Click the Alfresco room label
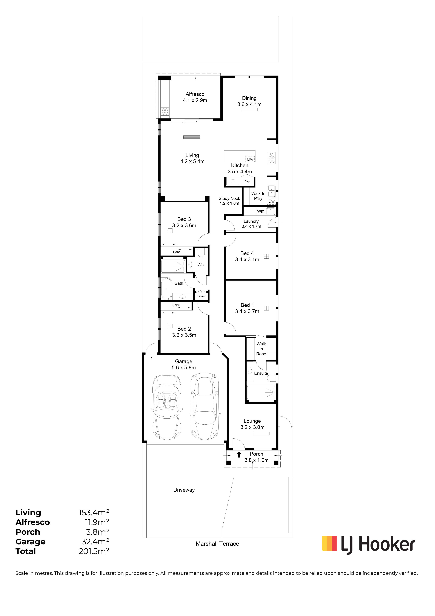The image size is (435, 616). click(195, 94)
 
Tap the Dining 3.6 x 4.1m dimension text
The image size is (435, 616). click(249, 104)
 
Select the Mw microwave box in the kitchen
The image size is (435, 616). click(250, 159)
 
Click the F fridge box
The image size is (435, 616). click(233, 181)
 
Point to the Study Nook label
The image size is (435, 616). click(229, 199)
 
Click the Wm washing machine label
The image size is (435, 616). click(261, 211)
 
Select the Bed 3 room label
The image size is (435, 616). click(184, 219)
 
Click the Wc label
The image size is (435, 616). click(200, 265)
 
